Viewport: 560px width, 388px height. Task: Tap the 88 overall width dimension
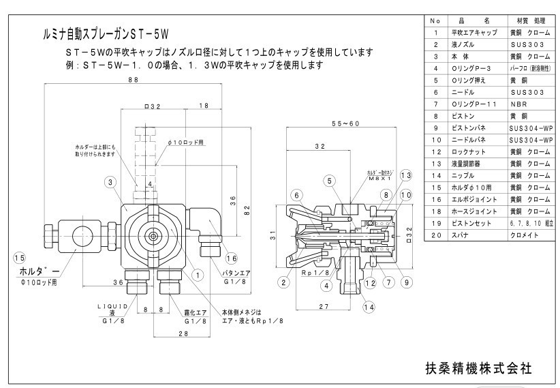[133, 80]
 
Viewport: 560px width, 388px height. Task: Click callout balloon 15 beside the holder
[18, 258]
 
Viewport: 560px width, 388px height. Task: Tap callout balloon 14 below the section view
[369, 308]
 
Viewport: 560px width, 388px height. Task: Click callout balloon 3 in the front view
[110, 182]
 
